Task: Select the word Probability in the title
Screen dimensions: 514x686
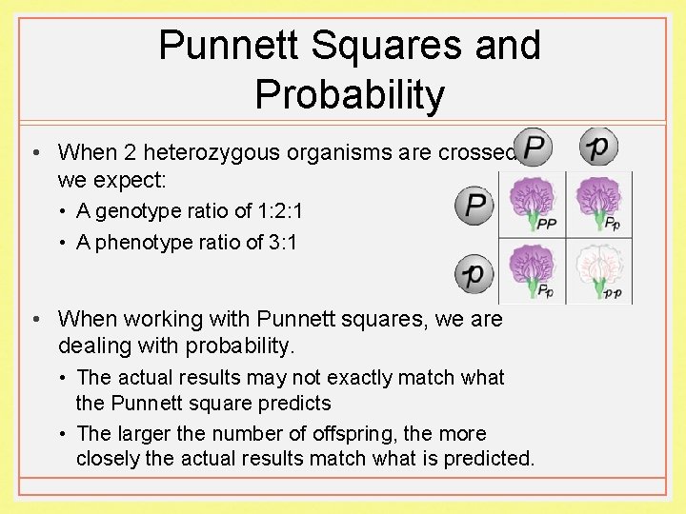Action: click(x=350, y=94)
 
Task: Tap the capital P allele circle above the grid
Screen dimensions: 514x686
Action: click(x=534, y=147)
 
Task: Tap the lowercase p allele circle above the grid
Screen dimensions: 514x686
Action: click(x=599, y=147)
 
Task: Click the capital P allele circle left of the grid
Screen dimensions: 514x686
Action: click(x=474, y=206)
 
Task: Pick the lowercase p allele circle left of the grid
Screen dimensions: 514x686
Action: click(x=474, y=274)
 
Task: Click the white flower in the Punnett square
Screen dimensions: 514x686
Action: click(x=598, y=267)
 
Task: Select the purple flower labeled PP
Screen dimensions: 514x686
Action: click(x=531, y=199)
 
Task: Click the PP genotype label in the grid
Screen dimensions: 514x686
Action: click(x=547, y=226)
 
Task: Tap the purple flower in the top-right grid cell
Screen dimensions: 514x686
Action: click(x=598, y=199)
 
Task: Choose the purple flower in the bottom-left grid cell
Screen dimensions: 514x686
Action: click(x=531, y=267)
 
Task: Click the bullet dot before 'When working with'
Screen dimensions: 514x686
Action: click(x=33, y=319)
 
